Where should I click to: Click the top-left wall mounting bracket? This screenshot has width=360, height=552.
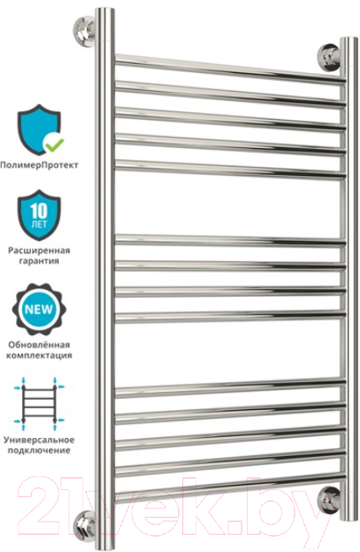pos(84,29)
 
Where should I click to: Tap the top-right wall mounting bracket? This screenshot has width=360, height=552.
pos(329,57)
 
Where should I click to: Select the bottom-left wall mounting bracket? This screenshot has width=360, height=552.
pos(84,526)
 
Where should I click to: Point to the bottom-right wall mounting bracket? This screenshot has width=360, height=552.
pos(329,499)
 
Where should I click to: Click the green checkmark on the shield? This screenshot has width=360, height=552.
pos(54,145)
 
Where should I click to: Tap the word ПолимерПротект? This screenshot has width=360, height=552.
pos(39,165)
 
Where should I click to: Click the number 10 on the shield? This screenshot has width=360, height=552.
pos(38,211)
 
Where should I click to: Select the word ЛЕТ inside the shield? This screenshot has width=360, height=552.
pos(39,225)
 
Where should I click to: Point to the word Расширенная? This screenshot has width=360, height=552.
pos(39,251)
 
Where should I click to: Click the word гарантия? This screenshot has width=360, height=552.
pos(39,261)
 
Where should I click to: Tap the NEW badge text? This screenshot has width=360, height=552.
pos(39,310)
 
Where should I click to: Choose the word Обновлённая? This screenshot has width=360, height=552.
pos(39,344)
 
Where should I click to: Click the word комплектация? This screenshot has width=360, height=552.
pos(39,356)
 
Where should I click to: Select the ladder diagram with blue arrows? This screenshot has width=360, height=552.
pos(39,403)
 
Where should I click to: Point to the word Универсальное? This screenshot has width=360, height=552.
pos(39,440)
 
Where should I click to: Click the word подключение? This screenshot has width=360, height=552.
pos(39,450)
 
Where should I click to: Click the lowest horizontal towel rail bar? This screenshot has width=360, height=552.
pos(231,488)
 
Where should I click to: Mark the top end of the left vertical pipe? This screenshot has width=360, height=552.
pos(105,9)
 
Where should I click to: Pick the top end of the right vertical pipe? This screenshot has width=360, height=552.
pos(348,38)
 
